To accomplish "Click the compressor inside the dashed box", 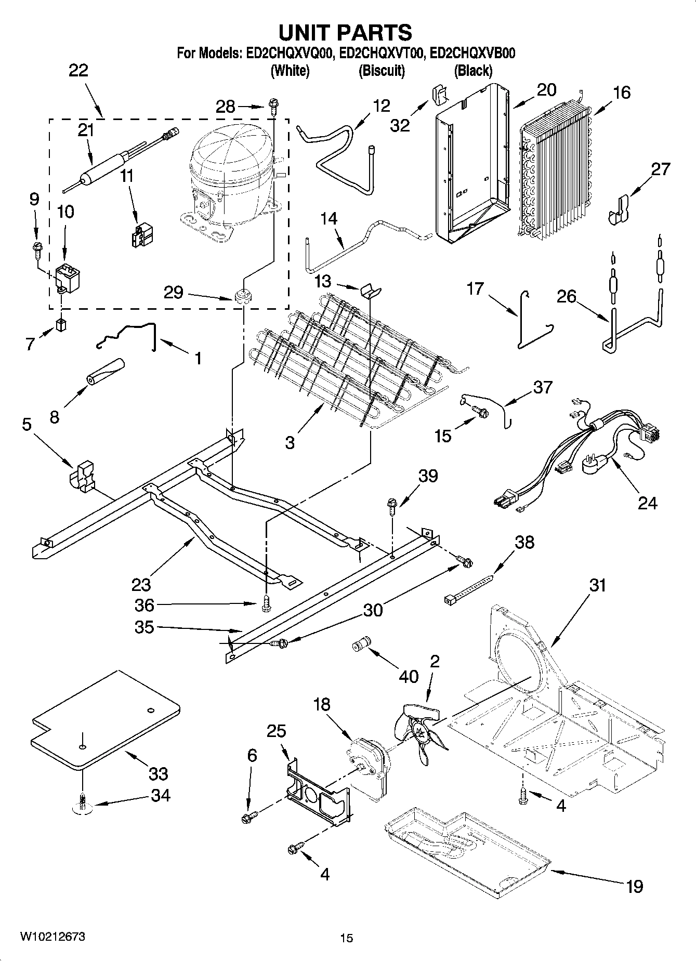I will [x=231, y=179].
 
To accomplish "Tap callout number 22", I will [x=78, y=71].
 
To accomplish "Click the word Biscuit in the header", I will [x=382, y=71].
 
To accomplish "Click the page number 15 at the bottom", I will [x=347, y=938].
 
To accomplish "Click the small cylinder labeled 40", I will [x=360, y=645].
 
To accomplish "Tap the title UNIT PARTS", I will [x=346, y=32].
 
